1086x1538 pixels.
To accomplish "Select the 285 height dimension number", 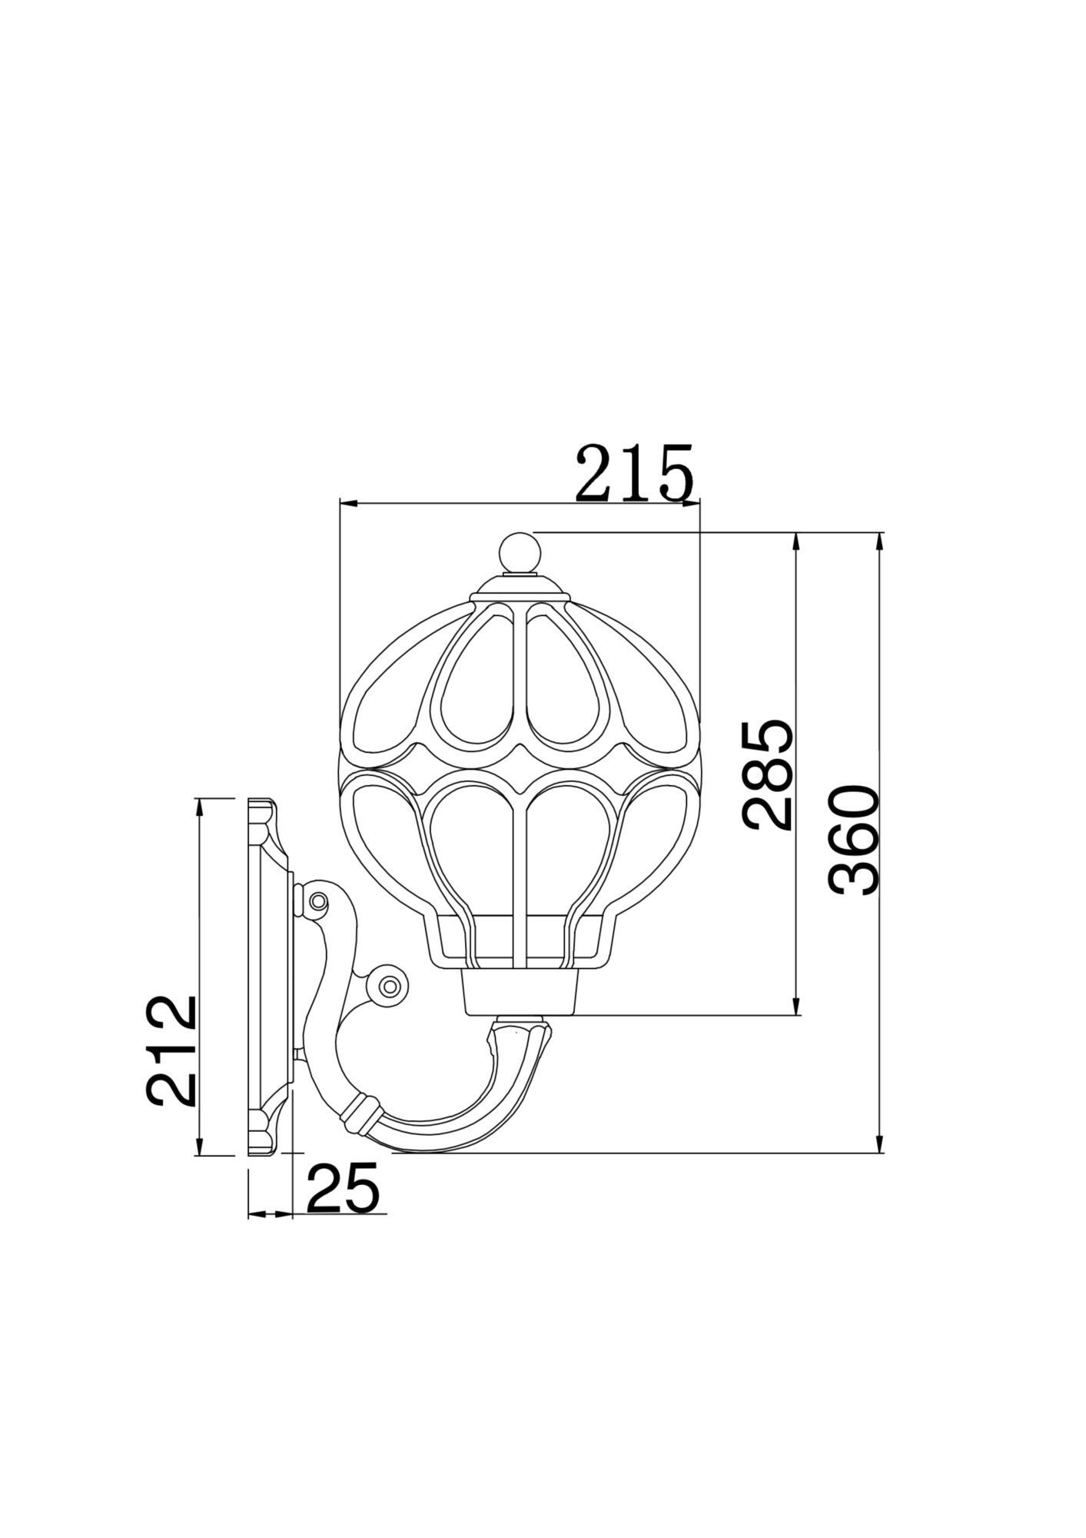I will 767,774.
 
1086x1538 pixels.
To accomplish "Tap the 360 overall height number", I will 854,840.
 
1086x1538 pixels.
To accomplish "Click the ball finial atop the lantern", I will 520,553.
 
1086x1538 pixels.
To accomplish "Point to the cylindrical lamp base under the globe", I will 520,992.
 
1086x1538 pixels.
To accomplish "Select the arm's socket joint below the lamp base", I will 521,1024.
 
